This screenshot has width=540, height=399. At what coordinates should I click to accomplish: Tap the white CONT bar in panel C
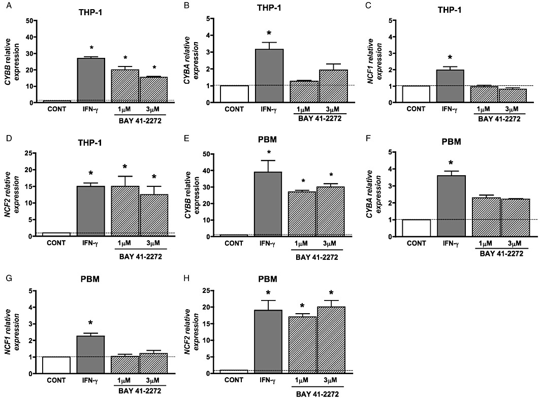pos(416,94)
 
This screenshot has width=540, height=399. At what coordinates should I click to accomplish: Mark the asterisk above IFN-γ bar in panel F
pos(451,163)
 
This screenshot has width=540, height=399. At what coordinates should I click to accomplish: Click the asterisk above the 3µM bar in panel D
pos(153,178)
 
